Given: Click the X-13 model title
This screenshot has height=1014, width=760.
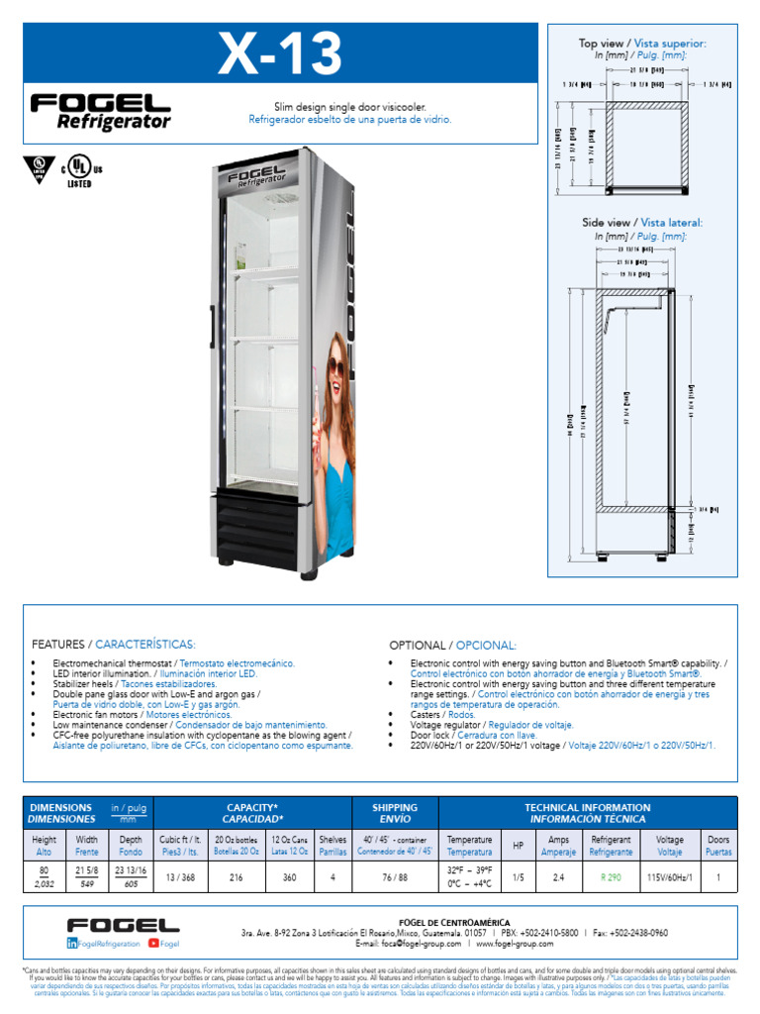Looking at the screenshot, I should click(280, 54).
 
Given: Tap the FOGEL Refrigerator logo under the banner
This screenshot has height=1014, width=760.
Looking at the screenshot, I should click(101, 112).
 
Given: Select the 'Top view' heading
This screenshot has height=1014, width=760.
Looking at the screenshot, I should click(642, 44).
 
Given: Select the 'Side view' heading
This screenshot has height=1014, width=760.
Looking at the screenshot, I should click(642, 223).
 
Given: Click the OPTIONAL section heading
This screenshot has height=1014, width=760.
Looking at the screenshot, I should click(452, 645).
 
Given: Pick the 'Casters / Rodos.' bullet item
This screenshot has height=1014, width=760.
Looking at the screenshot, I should click(443, 713).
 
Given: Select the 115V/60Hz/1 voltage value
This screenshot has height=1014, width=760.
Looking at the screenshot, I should click(670, 876).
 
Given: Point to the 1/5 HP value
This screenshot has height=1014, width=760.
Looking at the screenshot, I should click(520, 876).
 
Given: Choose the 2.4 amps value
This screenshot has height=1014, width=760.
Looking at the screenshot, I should click(558, 876).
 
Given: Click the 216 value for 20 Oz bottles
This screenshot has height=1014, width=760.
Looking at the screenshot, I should click(236, 876).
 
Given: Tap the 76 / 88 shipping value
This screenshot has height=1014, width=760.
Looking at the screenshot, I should click(394, 876).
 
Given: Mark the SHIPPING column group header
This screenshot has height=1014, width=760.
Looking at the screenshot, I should click(394, 813).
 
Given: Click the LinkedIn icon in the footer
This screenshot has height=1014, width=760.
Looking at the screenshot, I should click(73, 945).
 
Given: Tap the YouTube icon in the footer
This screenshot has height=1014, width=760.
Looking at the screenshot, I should click(153, 944).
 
